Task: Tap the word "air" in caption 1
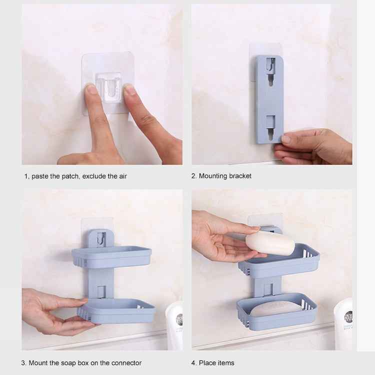click(121, 176)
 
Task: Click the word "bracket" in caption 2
click(240, 176)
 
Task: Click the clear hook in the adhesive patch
click(109, 87)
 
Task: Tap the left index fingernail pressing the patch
click(92, 89)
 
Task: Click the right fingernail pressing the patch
click(129, 89)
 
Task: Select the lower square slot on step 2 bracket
click(270, 120)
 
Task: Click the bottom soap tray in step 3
click(117, 310)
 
